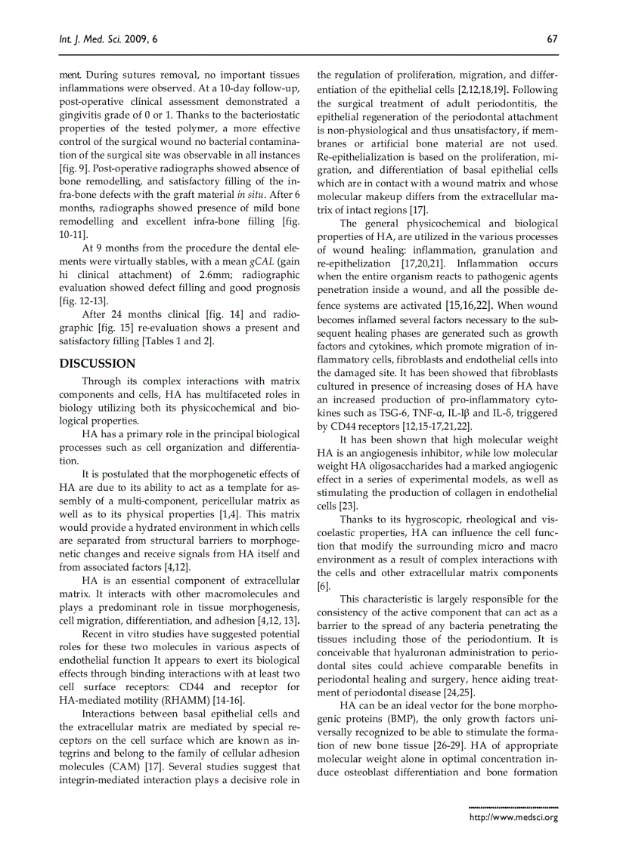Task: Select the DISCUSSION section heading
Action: [98, 363]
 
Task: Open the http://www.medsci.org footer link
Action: [513, 817]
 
